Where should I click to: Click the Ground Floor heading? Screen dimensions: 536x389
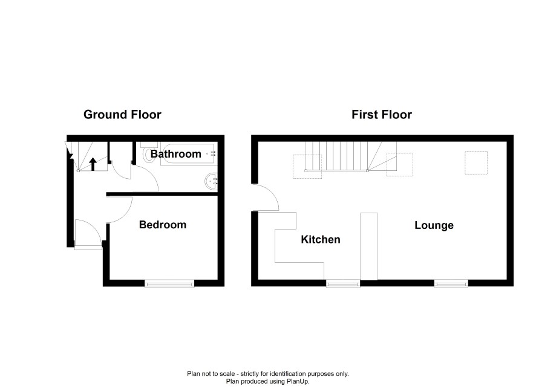point(122,115)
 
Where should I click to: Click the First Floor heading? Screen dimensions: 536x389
point(382,115)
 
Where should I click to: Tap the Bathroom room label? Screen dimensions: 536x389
point(175,154)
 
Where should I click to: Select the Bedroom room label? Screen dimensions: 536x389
point(163,225)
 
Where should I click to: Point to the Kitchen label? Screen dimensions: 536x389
point(321,240)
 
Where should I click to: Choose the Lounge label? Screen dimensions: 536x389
point(434,225)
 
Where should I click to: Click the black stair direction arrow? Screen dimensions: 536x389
point(93,164)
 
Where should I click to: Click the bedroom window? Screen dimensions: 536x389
point(169,283)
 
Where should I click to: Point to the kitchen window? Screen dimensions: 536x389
point(343,283)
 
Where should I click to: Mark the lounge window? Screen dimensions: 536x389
point(451,283)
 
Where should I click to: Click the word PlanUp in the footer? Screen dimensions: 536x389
point(298,382)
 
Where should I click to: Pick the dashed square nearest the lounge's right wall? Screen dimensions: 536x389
point(476,162)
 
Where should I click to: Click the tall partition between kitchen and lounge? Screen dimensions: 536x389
point(369,246)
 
